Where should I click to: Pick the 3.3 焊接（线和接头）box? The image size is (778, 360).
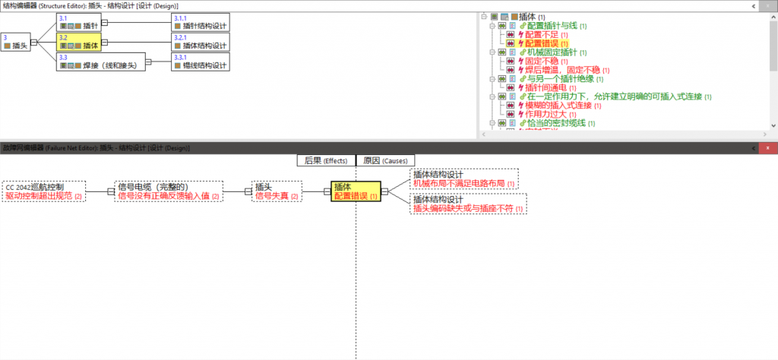click(102, 62)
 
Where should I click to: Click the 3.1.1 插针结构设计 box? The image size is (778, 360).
click(200, 22)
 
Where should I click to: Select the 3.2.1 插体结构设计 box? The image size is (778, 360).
click(200, 42)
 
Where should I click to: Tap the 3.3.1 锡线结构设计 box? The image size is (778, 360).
click(200, 62)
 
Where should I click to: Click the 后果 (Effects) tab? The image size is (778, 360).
click(326, 161)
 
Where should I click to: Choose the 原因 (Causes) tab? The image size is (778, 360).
click(385, 161)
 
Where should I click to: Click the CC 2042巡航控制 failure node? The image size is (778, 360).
click(44, 191)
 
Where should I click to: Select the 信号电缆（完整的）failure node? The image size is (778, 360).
click(168, 191)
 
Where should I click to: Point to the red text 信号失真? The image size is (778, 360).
click(274, 197)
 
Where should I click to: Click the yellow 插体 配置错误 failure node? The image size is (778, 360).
click(356, 191)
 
